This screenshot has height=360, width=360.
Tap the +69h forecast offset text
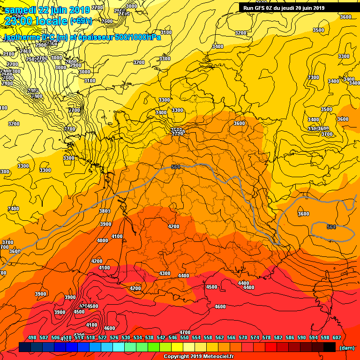tap(81, 21)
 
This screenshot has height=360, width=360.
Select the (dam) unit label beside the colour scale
tap(346, 347)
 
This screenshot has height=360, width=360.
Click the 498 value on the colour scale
tap(32, 337)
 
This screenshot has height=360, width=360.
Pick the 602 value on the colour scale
tap(337, 337)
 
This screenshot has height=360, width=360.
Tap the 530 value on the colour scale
tap(126, 337)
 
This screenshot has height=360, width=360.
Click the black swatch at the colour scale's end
tap(330, 347)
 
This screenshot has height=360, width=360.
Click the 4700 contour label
tap(185, 332)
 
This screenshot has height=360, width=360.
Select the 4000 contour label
tap(102, 240)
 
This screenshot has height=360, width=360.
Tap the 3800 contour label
tap(105, 211)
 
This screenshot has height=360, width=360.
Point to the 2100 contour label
tap(8, 54)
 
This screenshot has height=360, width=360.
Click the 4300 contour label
tap(165, 273)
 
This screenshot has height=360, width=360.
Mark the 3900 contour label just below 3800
tap(105, 225)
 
